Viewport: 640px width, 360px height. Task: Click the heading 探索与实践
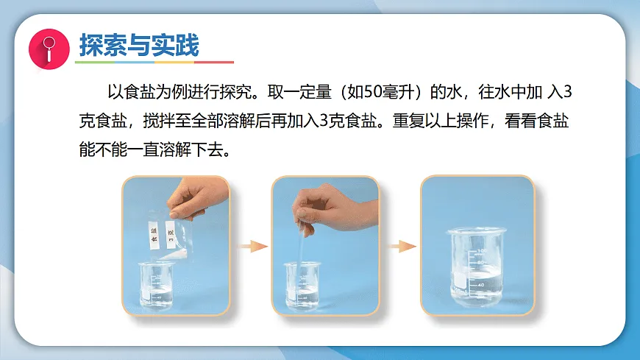pos(138,46)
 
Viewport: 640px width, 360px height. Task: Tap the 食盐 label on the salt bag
pos(153,235)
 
